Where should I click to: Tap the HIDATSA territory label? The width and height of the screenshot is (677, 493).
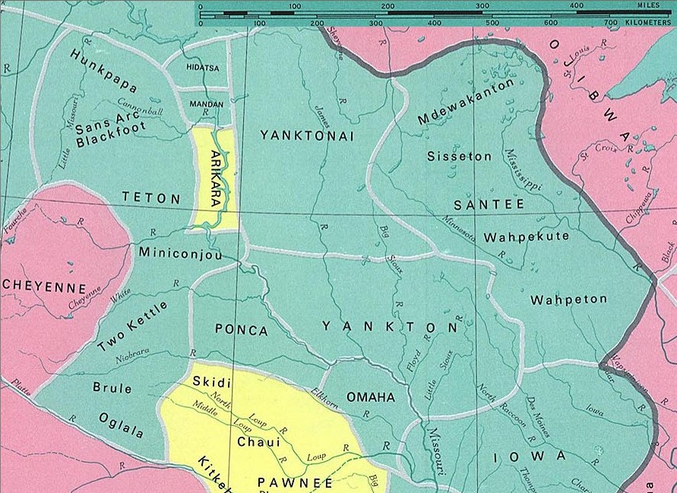tap(202, 68)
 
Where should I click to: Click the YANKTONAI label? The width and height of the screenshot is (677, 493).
tap(307, 135)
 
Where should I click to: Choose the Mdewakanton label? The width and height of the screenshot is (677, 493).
tap(466, 102)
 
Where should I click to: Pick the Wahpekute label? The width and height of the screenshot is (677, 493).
tap(527, 236)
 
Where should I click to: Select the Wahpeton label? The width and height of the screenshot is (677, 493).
tap(568, 299)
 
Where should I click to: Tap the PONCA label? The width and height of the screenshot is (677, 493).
tap(242, 330)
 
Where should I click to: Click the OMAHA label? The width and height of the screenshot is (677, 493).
tap(371, 397)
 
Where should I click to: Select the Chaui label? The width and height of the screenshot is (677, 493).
tap(258, 441)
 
